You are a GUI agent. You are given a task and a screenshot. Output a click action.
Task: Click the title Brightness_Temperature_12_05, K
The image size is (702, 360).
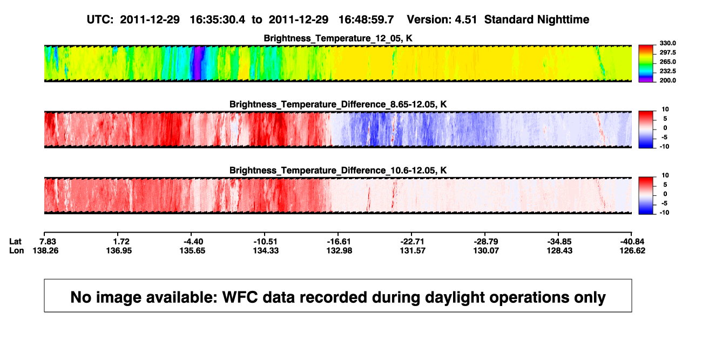(338, 38)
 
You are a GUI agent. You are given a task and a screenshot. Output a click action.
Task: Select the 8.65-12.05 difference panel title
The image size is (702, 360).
(338, 104)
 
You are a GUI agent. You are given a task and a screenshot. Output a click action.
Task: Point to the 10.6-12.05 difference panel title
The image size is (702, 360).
(338, 171)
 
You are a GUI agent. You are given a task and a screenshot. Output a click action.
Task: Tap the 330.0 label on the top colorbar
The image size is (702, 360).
(667, 43)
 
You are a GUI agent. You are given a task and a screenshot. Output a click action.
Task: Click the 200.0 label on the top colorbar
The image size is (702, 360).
(667, 80)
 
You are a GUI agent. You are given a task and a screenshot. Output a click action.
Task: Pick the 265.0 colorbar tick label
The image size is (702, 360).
(667, 62)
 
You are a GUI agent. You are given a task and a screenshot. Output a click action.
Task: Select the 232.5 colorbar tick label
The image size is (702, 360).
(667, 71)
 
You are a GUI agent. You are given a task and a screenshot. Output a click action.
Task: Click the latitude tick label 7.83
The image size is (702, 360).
(48, 242)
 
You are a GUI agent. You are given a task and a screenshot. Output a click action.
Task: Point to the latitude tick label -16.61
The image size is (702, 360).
(339, 242)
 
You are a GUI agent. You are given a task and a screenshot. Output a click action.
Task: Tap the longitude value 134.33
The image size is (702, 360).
(266, 250)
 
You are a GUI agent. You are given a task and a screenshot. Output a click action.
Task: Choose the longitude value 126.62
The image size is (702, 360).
(632, 250)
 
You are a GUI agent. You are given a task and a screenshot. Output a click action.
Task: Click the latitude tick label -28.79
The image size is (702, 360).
(486, 242)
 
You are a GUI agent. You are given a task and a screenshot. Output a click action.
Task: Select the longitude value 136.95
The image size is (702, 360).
(119, 250)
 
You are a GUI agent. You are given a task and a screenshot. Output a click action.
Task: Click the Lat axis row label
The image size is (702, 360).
(15, 242)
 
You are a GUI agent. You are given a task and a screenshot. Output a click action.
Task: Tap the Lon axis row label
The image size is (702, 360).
(16, 250)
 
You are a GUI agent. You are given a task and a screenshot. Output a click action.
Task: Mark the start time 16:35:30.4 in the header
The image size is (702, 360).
(218, 20)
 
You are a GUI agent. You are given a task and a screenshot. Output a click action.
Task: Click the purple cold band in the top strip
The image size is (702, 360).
(198, 63)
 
